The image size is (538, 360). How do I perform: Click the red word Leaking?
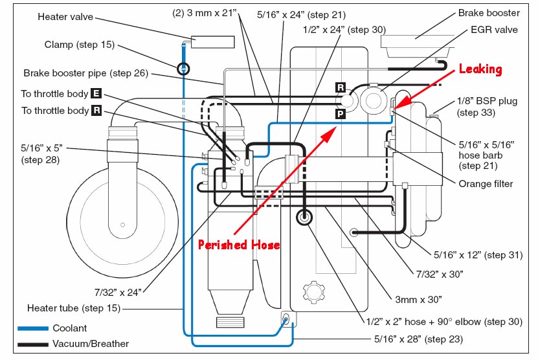[480, 69]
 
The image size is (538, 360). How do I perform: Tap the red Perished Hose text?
[239, 245]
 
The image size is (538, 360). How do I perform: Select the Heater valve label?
[65, 17]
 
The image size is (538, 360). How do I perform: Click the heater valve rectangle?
[213, 42]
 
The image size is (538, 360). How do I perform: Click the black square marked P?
[340, 113]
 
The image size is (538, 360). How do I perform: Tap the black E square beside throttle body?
[96, 93]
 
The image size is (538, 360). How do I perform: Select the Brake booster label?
[489, 13]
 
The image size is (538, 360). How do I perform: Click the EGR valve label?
[494, 30]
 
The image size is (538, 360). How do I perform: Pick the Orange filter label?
[486, 184]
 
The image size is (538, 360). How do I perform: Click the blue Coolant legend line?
[33, 328]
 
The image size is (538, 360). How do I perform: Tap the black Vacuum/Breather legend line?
[33, 344]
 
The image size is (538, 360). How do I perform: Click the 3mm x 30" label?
[418, 300]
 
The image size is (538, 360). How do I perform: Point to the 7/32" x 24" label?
[118, 293]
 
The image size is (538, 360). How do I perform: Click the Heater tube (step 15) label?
[74, 308]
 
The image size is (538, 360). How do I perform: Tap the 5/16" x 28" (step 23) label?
[419, 339]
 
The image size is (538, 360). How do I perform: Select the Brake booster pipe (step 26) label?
[85, 73]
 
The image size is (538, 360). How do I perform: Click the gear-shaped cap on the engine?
[313, 293]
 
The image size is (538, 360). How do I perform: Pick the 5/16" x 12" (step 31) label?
[478, 255]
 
